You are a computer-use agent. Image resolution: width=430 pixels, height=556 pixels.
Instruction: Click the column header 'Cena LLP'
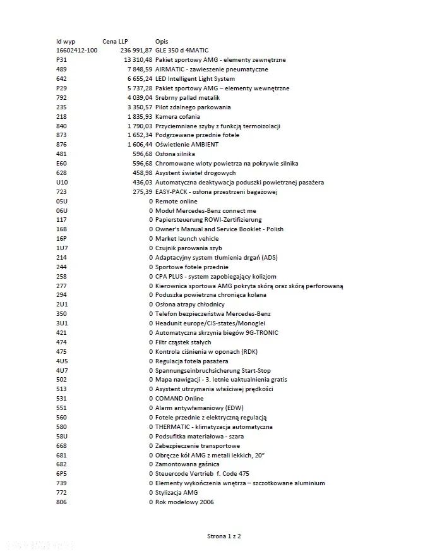point(115,41)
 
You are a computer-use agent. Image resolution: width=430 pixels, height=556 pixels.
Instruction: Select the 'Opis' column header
point(162,41)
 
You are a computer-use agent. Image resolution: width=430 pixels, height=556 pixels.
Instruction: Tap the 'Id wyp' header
point(66,41)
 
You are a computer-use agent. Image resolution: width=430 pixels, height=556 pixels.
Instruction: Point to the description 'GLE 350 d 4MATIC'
point(182,51)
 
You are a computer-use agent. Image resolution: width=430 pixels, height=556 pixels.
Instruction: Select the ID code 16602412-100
point(76,51)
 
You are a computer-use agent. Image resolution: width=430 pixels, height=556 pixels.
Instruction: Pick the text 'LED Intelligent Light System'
point(195,79)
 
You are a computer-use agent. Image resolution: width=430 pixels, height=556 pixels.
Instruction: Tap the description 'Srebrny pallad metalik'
point(188,98)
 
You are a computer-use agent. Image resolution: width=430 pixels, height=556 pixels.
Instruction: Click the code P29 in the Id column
point(61,88)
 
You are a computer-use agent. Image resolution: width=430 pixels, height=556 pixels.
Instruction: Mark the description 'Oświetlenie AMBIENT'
point(187,145)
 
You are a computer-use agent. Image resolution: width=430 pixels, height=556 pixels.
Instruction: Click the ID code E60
point(61,164)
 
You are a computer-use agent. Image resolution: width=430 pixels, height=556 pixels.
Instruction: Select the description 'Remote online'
point(176,202)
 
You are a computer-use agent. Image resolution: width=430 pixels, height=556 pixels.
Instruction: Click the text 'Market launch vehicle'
point(188,239)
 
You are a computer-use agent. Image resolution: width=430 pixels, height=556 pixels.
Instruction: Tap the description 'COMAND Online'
point(180,399)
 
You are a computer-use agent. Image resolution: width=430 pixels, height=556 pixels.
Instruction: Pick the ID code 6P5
point(61,474)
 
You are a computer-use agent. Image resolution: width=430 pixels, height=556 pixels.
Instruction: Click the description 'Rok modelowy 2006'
point(184,502)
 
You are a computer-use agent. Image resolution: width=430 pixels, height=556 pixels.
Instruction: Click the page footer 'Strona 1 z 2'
point(224,536)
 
